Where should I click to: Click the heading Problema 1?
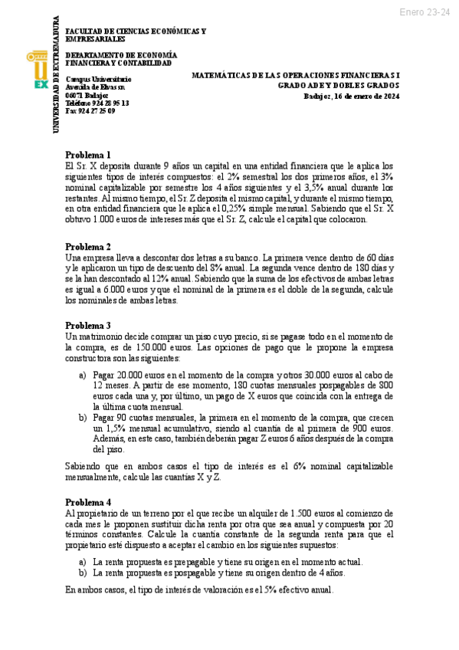pyautogui.click(x=88, y=154)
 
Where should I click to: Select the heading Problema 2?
pyautogui.click(x=88, y=246)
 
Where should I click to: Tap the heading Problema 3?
pyautogui.click(x=88, y=325)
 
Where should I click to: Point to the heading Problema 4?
pyautogui.click(x=88, y=501)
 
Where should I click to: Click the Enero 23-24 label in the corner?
pyautogui.click(x=425, y=12)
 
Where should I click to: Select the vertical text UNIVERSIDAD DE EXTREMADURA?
pyautogui.click(x=56, y=74)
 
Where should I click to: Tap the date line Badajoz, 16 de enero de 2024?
pyautogui.click(x=352, y=96)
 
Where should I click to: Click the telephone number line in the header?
pyautogui.click(x=97, y=103)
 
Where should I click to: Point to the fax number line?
pyautogui.click(x=90, y=110)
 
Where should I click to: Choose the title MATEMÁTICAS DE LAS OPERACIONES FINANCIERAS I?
pyautogui.click(x=296, y=74)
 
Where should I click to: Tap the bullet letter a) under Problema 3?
pyautogui.click(x=83, y=375)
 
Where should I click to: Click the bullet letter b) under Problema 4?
pyautogui.click(x=83, y=572)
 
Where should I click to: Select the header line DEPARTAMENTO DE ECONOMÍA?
pyautogui.click(x=121, y=55)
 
